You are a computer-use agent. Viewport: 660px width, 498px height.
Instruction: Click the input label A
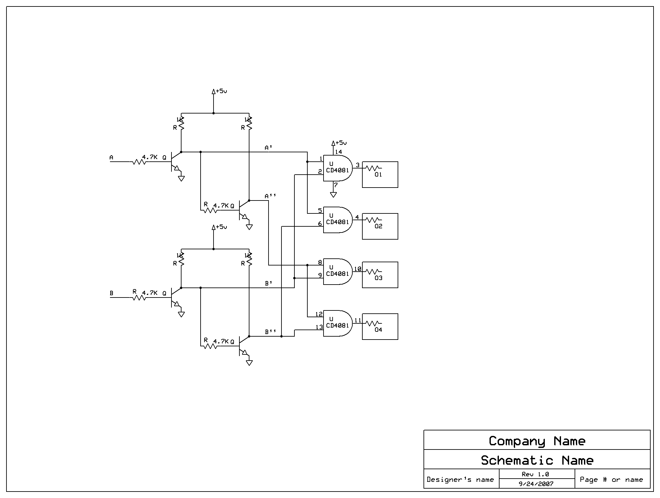[x=111, y=158]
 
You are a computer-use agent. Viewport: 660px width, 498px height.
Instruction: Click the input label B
[x=111, y=294]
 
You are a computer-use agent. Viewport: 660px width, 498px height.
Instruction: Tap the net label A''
[x=270, y=196]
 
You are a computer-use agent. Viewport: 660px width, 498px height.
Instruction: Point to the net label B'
[x=269, y=284]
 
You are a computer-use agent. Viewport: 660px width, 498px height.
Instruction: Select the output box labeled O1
[x=380, y=175]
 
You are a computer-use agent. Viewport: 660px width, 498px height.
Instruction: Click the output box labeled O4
[x=380, y=327]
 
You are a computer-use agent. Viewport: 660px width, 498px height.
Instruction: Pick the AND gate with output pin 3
[x=337, y=168]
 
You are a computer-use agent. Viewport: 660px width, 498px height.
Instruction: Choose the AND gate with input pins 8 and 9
[x=337, y=272]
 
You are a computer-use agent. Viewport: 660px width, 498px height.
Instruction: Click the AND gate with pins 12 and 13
[x=337, y=323]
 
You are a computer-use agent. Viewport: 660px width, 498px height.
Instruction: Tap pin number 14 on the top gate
[x=338, y=152]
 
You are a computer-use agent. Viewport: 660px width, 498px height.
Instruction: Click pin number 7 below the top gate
[x=336, y=185]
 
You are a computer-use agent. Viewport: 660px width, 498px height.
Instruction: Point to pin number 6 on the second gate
[x=320, y=224]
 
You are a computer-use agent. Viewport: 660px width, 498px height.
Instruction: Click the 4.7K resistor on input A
[x=140, y=161]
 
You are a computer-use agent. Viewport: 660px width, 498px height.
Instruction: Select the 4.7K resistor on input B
[x=140, y=297]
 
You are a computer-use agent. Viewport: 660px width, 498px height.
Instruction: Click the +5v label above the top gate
[x=341, y=143]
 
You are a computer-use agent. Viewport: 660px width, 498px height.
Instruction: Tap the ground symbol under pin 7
[x=333, y=195]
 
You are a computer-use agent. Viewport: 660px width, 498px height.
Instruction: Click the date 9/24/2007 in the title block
[x=536, y=484]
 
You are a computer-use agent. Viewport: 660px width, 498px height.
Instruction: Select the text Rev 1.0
[x=535, y=474]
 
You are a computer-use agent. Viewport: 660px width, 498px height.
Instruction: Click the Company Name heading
[x=537, y=441]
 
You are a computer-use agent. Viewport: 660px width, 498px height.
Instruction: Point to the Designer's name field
[x=460, y=480]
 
